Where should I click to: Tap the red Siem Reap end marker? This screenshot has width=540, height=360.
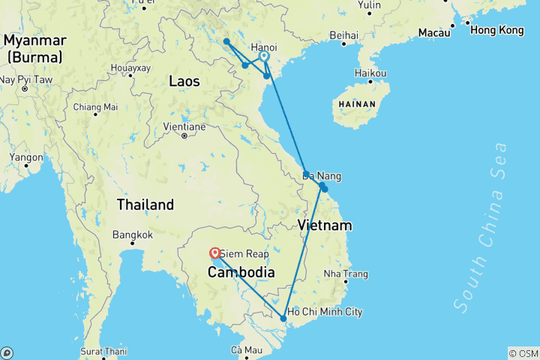(x=215, y=253)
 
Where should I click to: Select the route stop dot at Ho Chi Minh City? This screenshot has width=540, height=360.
(x=283, y=319)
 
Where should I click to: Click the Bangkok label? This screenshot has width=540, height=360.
(x=132, y=235)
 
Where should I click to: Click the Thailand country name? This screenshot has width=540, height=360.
(x=145, y=204)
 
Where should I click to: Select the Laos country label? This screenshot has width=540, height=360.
(x=184, y=81)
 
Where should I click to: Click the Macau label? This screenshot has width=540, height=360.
(x=433, y=32)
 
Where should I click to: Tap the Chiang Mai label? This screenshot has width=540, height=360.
(x=95, y=107)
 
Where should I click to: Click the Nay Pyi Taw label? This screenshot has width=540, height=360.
(x=25, y=79)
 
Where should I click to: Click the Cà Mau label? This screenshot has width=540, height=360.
(x=246, y=349)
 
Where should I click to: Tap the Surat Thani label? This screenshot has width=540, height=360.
(x=103, y=350)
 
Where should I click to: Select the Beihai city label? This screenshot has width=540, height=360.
(x=343, y=35)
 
